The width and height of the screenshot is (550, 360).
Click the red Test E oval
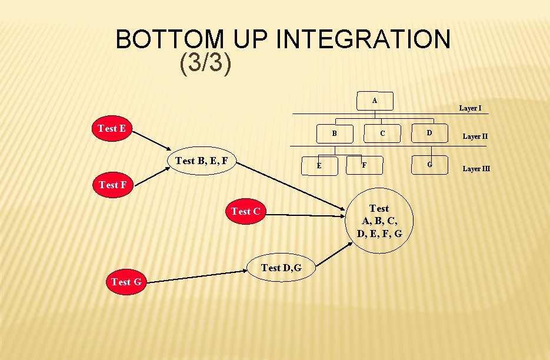click(112, 128)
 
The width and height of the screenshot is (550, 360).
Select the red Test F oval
click(112, 185)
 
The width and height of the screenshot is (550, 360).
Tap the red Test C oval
click(245, 211)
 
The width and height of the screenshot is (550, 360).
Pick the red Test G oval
click(126, 282)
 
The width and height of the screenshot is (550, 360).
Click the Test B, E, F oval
click(202, 161)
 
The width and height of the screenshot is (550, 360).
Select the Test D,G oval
click(281, 268)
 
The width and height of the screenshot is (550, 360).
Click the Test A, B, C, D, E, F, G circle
click(379, 221)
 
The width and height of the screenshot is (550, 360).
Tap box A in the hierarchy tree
click(375, 101)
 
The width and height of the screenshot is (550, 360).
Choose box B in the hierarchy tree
click(334, 134)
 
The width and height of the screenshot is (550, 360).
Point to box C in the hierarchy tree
click(382, 134)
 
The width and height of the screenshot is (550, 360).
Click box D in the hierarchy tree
click(429, 133)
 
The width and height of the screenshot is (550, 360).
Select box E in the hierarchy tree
click(319, 165)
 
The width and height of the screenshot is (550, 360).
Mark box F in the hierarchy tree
click(364, 165)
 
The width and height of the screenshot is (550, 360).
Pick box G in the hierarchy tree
click(429, 165)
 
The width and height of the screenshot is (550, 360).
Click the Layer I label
click(470, 108)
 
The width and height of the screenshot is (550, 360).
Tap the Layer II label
click(475, 136)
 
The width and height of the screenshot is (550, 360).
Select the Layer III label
click(476, 169)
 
